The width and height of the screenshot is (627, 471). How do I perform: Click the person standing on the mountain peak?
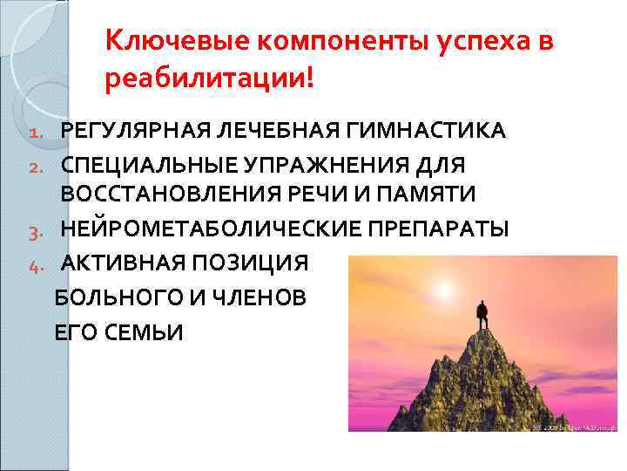[x=482, y=312]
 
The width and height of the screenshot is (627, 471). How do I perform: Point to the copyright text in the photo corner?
[x=576, y=427]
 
